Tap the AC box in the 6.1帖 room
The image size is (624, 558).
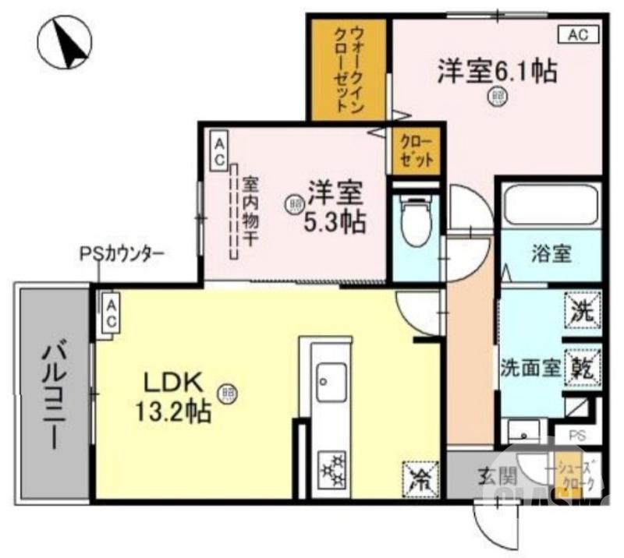click(578, 34)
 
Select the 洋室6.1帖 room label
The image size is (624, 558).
click(496, 72)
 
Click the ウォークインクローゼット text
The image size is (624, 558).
click(348, 70)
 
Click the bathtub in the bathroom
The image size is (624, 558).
click(551, 204)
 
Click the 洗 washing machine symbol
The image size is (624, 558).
click(583, 311)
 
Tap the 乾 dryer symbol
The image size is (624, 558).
click(583, 366)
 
